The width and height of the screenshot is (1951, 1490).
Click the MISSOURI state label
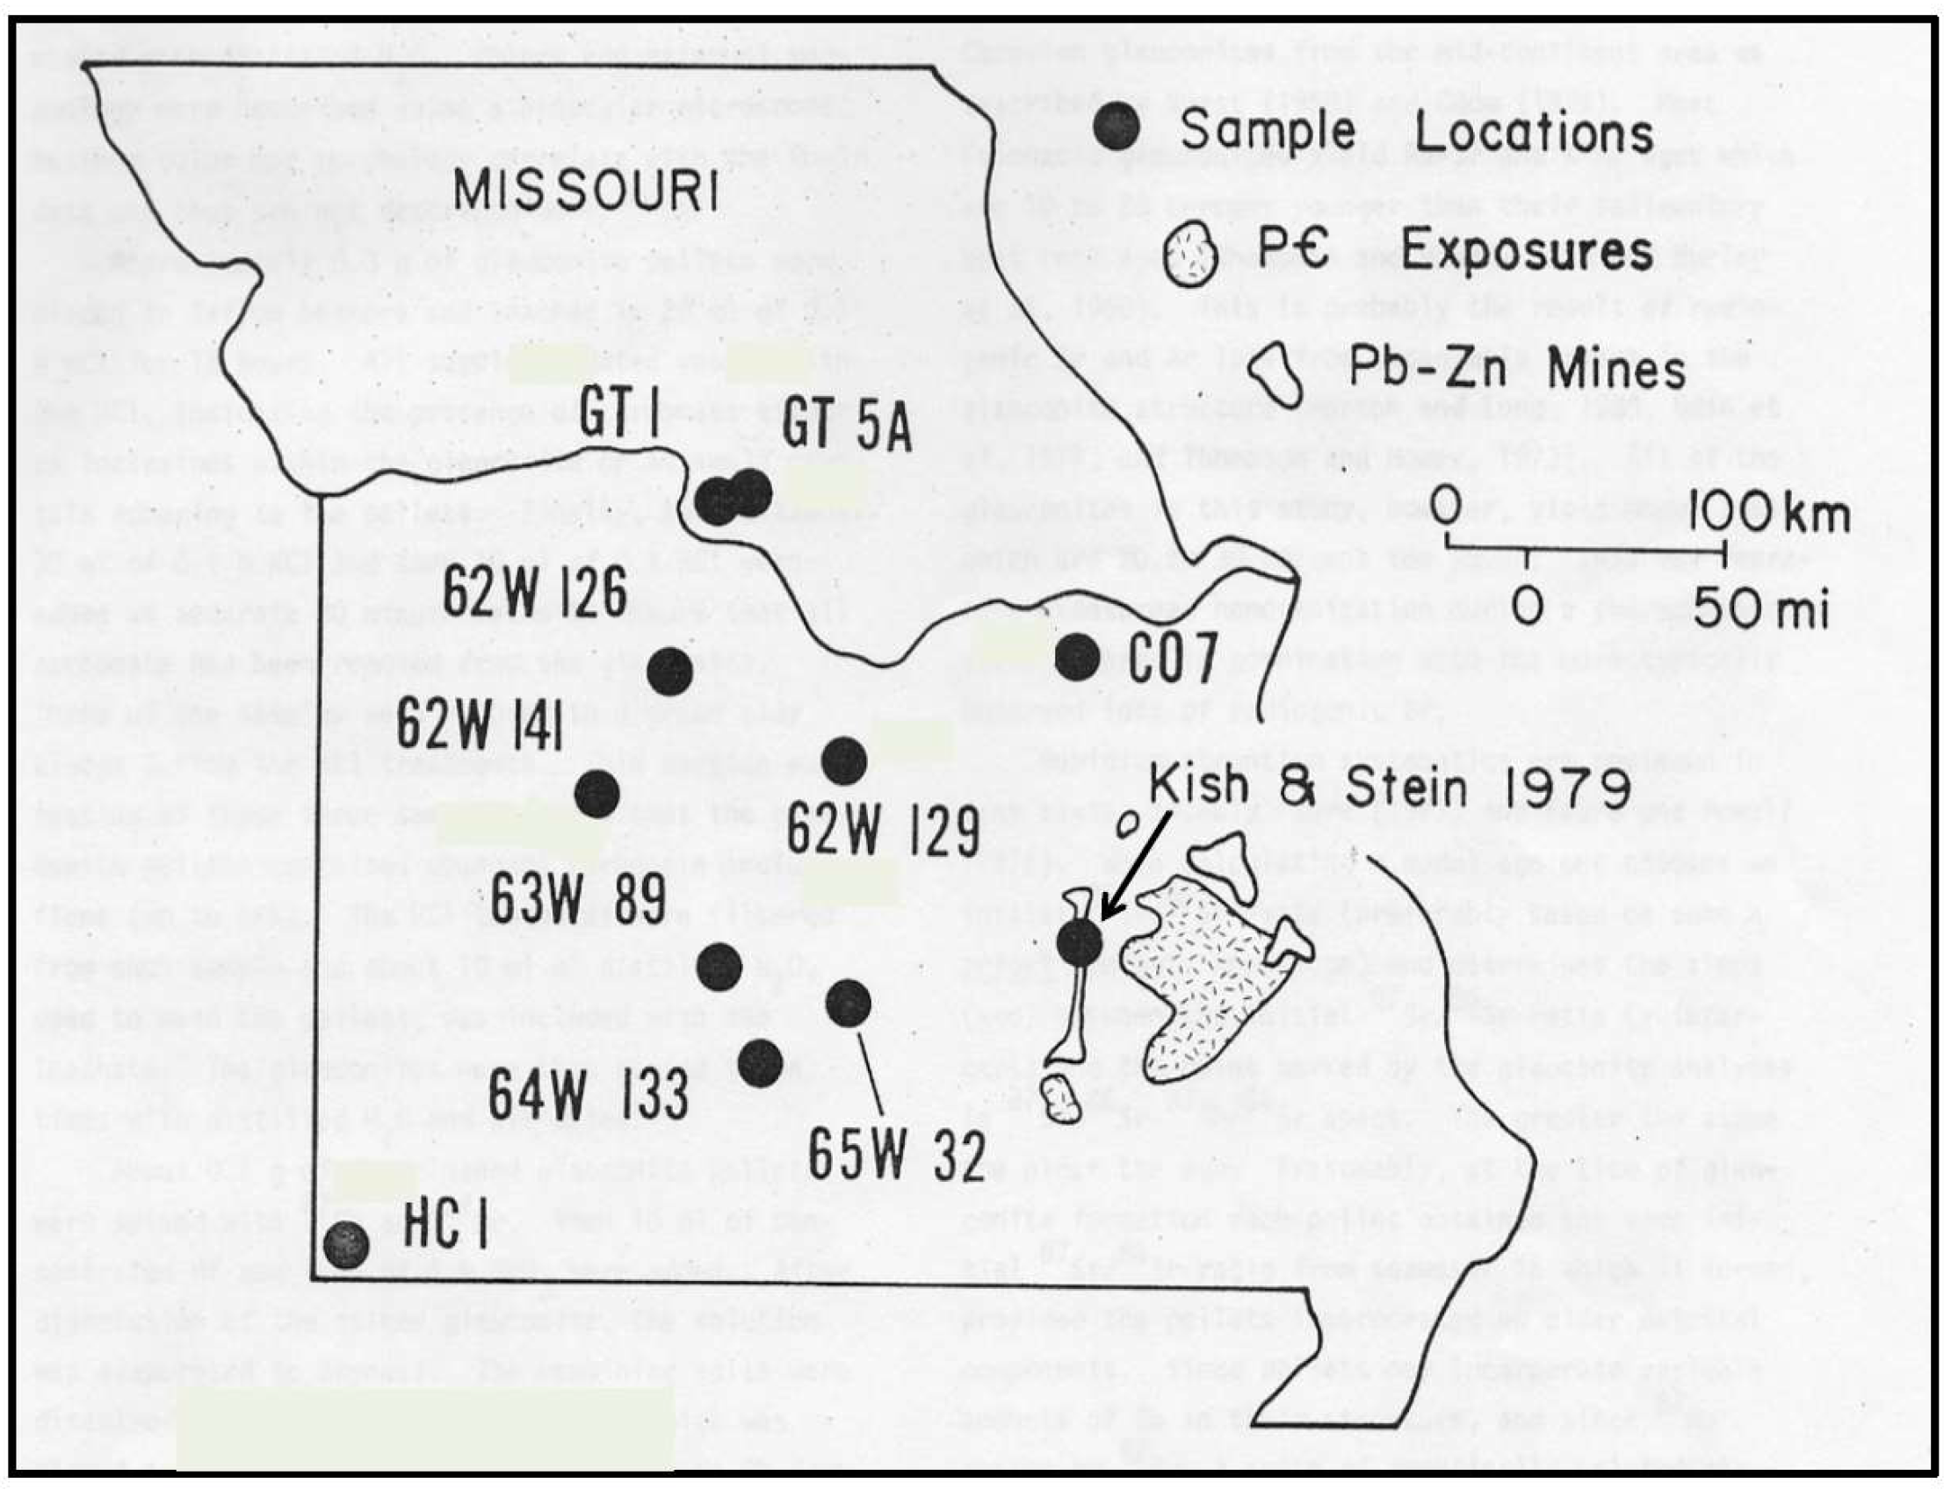tap(587, 191)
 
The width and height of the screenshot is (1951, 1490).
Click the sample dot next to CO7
tap(1079, 655)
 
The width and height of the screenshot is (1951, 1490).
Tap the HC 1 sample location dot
tap(345, 1245)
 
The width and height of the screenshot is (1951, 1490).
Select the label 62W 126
tap(535, 593)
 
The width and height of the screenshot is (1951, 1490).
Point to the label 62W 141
tap(480, 723)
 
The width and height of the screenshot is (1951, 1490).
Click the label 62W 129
tap(883, 831)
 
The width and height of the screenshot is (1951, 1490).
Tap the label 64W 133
tap(589, 1094)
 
